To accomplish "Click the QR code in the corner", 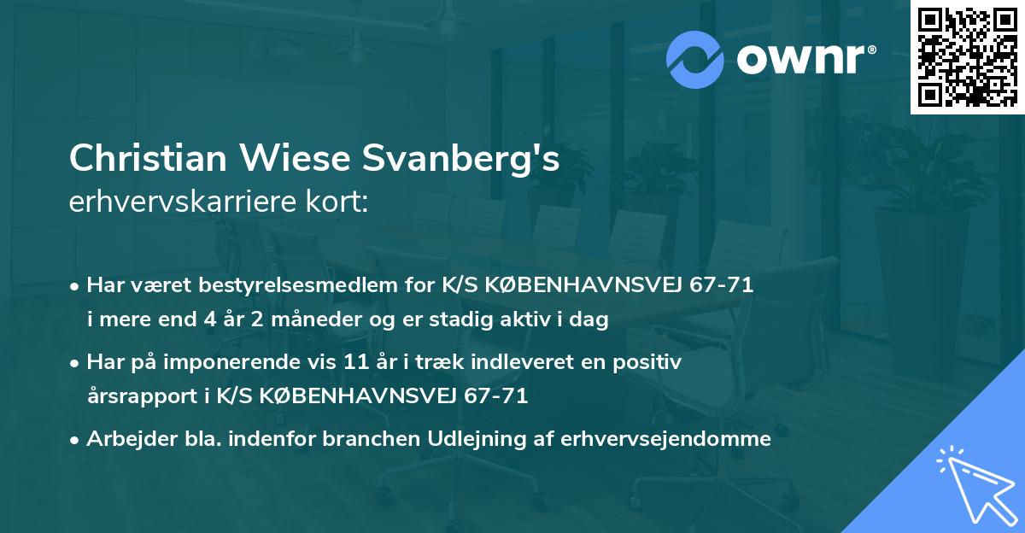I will [967, 56].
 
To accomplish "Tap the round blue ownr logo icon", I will [695, 60].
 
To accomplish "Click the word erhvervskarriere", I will [190, 202].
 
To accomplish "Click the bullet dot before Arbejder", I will [76, 440].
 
